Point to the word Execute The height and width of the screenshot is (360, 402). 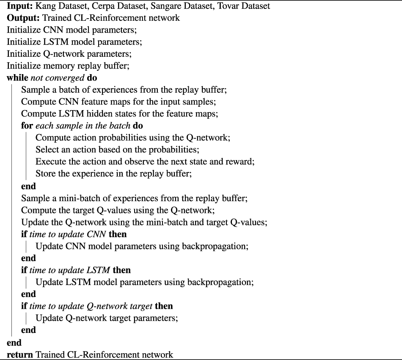coord(50,162)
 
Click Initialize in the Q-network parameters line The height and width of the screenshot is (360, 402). coord(26,54)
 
